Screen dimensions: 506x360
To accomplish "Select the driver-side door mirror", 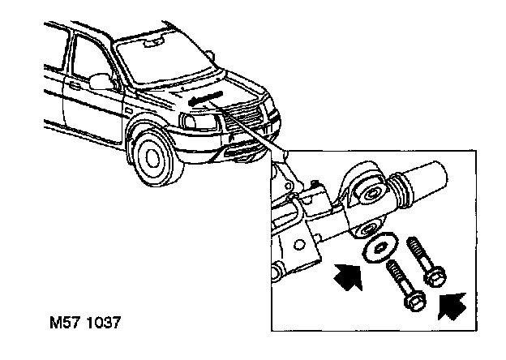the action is pyautogui.click(x=101, y=80).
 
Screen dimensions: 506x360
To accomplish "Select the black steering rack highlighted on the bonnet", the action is pyautogui.click(x=202, y=97).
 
